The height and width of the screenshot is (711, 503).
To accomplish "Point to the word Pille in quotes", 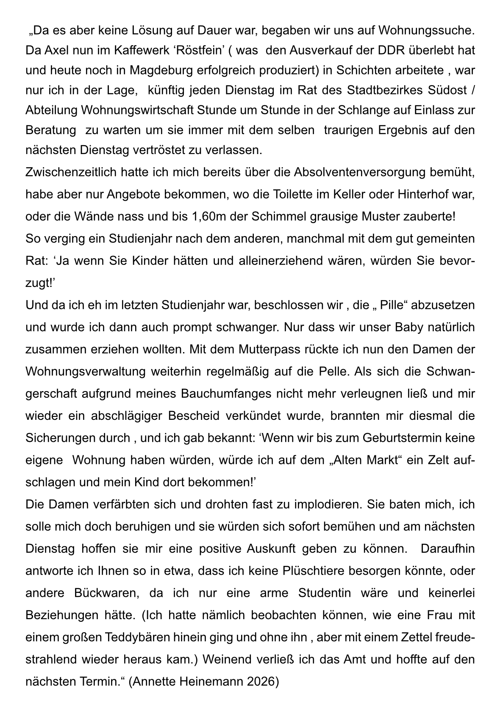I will pyautogui.click(x=390, y=305).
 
